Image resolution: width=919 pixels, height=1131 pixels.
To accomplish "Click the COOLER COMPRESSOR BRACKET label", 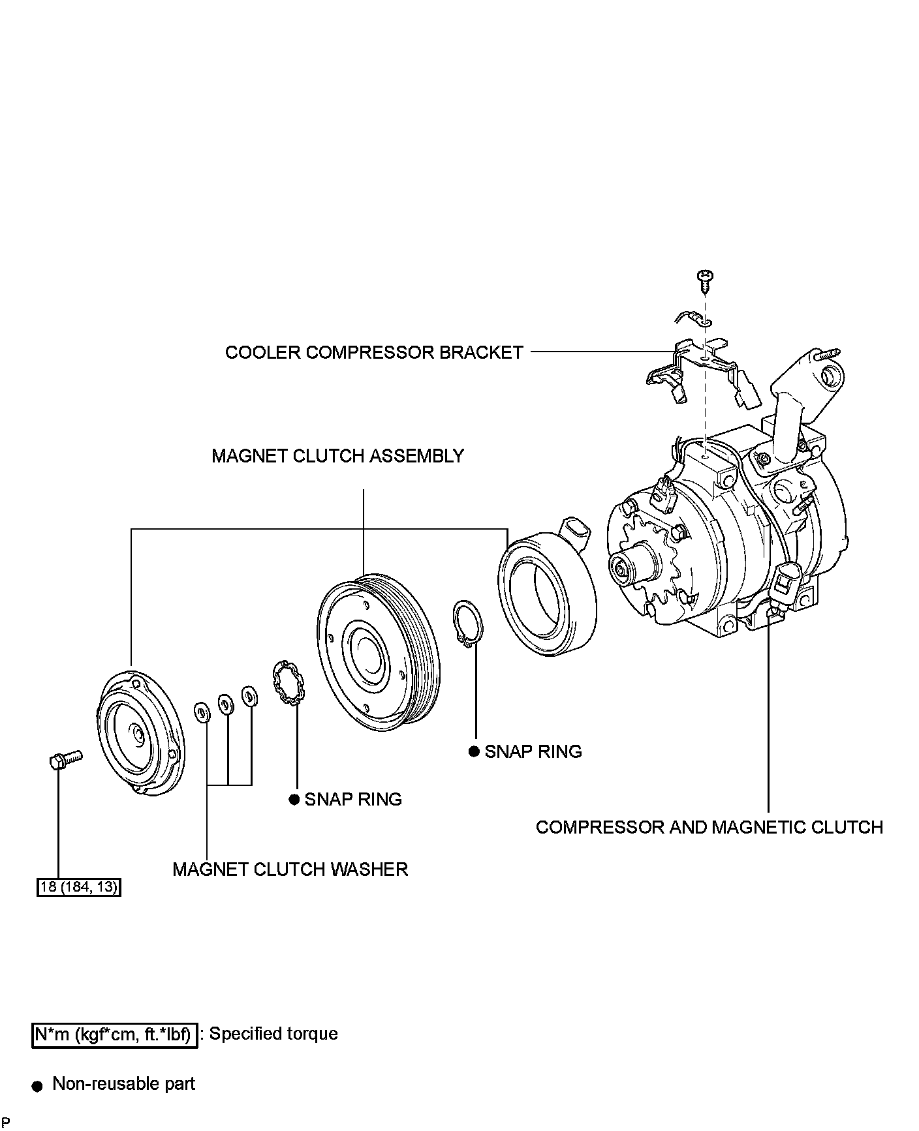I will coord(374,352).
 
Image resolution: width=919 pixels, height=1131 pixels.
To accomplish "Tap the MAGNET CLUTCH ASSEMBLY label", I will coord(337,455).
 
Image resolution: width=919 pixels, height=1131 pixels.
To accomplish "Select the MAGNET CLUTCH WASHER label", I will coord(290,869).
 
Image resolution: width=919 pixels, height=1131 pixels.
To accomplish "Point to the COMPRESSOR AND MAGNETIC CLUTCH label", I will coord(709,827).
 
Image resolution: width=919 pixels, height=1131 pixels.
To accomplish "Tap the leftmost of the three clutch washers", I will coord(202,712).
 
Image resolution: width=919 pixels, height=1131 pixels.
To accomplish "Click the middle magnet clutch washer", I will coord(226,704).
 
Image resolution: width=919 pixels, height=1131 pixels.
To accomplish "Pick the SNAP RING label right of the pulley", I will coord(533,751).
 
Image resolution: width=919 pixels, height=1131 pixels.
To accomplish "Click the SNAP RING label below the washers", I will coord(352,799).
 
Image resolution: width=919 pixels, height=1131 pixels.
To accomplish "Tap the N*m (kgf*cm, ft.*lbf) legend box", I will coord(114,1034).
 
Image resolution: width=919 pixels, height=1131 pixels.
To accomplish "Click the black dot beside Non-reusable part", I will coord(38,1086).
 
